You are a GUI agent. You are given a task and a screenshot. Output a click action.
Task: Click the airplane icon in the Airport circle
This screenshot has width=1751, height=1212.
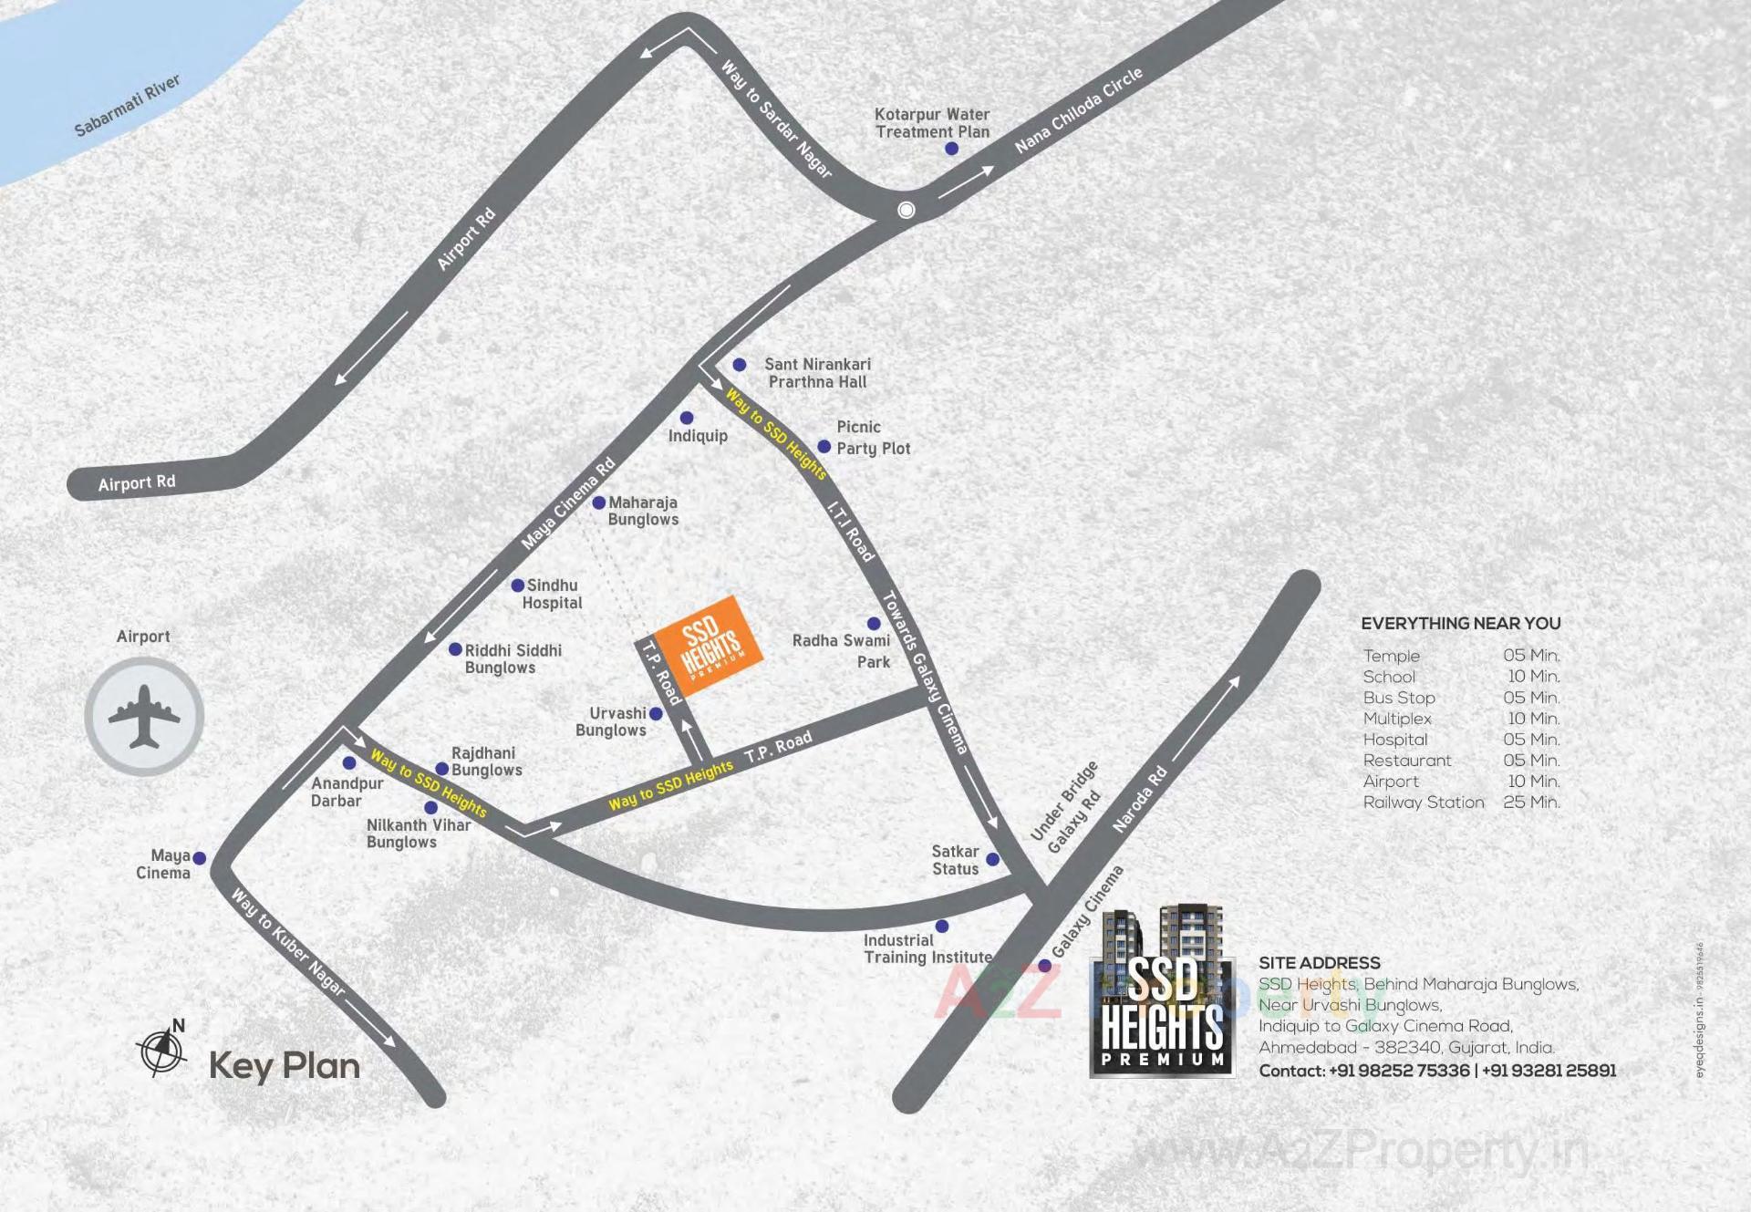pyautogui.click(x=144, y=717)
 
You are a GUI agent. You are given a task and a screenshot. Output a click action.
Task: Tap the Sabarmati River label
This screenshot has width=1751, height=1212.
pyautogui.click(x=127, y=106)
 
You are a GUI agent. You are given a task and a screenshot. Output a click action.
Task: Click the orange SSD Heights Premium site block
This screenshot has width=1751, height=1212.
pyautogui.click(x=709, y=645)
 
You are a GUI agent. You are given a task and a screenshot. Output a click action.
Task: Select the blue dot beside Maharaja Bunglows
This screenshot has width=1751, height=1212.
pyautogui.click(x=599, y=503)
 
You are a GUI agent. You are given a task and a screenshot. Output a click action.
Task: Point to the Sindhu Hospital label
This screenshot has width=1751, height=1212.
pyautogui.click(x=552, y=594)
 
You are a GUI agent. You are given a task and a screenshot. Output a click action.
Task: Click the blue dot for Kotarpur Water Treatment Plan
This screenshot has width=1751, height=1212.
pyautogui.click(x=951, y=149)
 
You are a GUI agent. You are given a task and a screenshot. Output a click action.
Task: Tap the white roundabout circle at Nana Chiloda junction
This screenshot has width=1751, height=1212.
pyautogui.click(x=906, y=210)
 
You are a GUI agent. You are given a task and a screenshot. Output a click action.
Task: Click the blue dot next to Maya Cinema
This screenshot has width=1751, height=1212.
pyautogui.click(x=200, y=858)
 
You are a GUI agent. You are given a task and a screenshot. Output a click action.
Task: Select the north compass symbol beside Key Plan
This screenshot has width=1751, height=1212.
pyautogui.click(x=162, y=1050)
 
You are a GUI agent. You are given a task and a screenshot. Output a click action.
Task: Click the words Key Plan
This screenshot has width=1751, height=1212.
pyautogui.click(x=285, y=1066)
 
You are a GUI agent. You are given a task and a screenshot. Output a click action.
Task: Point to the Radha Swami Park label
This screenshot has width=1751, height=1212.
pyautogui.click(x=841, y=651)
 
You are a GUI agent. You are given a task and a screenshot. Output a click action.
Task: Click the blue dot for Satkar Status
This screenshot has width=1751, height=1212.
pyautogui.click(x=993, y=859)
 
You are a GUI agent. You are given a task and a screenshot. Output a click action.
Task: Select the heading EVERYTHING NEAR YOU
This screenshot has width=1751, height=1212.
pyautogui.click(x=1460, y=624)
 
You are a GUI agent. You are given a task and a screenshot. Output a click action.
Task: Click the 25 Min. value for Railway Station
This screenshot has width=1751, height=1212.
pyautogui.click(x=1531, y=803)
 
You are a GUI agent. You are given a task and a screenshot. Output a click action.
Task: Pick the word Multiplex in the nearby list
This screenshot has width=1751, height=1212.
pyautogui.click(x=1397, y=719)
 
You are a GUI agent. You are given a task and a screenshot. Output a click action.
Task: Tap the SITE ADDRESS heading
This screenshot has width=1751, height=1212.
pyautogui.click(x=1319, y=963)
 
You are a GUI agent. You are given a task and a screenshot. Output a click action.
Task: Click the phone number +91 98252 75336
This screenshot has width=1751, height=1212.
pyautogui.click(x=1399, y=1071)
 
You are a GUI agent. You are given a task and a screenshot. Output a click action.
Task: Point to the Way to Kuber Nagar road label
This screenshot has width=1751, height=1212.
pyautogui.click(x=288, y=942)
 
